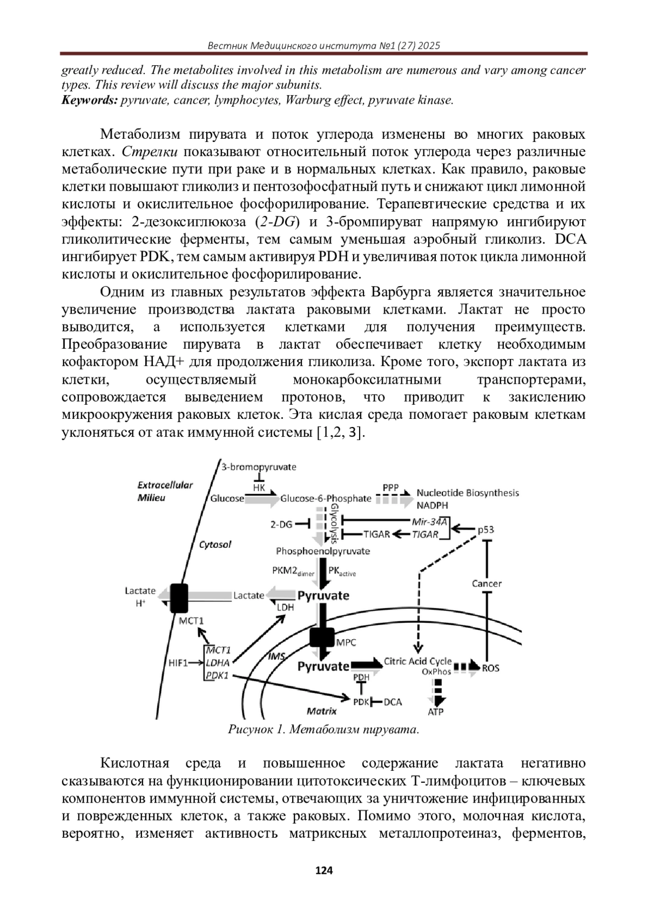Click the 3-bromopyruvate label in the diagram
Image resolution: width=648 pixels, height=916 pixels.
point(259,467)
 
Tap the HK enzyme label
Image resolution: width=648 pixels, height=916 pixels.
point(259,487)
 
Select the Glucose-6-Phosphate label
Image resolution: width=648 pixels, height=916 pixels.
point(326,498)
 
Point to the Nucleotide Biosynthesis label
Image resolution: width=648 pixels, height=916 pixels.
point(468,493)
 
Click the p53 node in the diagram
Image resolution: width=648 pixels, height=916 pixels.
point(485,530)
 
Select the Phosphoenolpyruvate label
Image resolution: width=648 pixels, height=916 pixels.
point(323,551)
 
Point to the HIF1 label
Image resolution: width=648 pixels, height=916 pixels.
point(178,663)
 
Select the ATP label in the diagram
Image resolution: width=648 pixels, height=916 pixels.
point(436,712)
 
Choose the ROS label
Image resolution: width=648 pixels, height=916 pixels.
point(490,668)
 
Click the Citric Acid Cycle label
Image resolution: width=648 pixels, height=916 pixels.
point(417,661)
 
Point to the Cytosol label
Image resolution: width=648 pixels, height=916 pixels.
point(215,544)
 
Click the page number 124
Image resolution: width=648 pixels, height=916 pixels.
point(324,870)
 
